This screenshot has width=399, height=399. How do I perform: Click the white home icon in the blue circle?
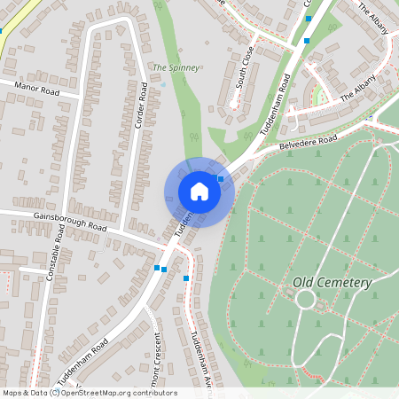pos(199,192)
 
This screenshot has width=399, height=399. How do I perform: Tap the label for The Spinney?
pos(176,67)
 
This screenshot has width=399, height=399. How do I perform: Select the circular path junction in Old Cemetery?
pos(306,299)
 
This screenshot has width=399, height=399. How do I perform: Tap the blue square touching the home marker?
pos(220,178)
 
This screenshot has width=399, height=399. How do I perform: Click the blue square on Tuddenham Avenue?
pos(186,278)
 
